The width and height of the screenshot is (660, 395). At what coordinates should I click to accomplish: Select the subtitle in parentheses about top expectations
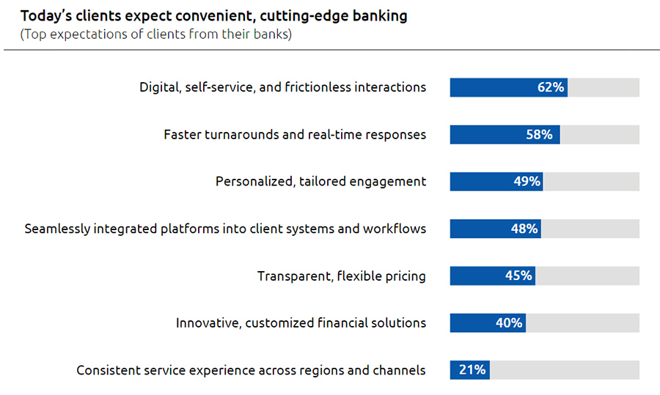pyautogui.click(x=156, y=34)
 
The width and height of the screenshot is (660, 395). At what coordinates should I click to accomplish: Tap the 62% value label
pyautogui.click(x=550, y=87)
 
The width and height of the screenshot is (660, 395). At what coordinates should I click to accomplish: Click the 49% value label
pyautogui.click(x=527, y=181)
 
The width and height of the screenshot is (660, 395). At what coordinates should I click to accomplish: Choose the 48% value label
pyautogui.click(x=524, y=229)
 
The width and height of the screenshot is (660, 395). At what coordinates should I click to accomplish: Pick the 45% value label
pyautogui.click(x=518, y=276)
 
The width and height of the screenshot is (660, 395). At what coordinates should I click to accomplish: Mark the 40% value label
pyautogui.click(x=509, y=322)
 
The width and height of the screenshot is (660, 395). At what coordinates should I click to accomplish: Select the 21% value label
pyautogui.click(x=472, y=369)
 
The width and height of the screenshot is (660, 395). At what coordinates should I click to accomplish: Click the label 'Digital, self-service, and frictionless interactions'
pyautogui.click(x=282, y=87)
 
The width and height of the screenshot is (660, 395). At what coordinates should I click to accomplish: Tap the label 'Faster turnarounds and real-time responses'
pyautogui.click(x=294, y=135)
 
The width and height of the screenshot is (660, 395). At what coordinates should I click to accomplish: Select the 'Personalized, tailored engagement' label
pyautogui.click(x=320, y=181)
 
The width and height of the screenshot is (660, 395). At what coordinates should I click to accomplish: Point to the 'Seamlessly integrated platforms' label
pyautogui.click(x=225, y=229)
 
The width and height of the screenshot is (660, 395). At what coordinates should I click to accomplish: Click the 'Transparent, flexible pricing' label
pyautogui.click(x=341, y=276)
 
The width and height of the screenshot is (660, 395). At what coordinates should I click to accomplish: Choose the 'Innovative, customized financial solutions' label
pyautogui.click(x=301, y=322)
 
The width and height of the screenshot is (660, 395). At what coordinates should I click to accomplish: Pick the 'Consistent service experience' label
pyautogui.click(x=251, y=370)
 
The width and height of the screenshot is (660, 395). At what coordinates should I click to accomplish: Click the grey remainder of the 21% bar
pyautogui.click(x=564, y=369)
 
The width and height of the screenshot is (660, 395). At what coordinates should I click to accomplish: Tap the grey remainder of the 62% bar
pyautogui.click(x=604, y=87)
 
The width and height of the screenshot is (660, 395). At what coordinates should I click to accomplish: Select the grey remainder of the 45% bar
pyautogui.click(x=587, y=276)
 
